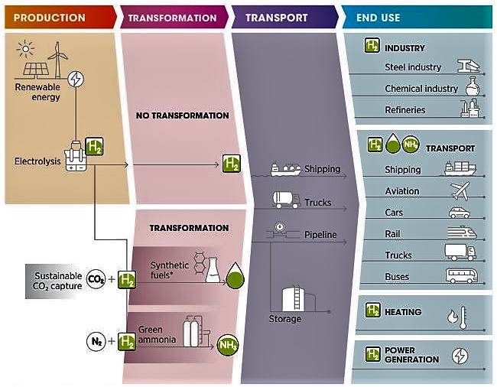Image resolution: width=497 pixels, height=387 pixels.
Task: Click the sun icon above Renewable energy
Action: [25, 49]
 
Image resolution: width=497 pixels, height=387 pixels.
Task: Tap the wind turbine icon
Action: [57, 60]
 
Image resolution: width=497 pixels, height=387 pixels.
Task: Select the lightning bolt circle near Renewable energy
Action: [76, 79]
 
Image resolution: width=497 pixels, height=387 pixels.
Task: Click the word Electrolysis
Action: [37, 161]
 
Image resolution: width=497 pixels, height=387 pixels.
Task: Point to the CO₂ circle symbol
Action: [96, 279]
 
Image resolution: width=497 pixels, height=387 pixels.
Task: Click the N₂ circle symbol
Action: [96, 341]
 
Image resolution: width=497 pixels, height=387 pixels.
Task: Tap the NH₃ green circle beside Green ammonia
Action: [227, 344]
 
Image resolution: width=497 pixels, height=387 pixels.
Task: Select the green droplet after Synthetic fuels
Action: [235, 275]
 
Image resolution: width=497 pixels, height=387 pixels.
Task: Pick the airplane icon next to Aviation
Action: [460, 190]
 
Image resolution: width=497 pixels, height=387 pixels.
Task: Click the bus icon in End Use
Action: [462, 275]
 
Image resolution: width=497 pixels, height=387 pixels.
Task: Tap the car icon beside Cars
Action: [460, 213]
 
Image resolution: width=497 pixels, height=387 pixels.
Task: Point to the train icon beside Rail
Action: [462, 233]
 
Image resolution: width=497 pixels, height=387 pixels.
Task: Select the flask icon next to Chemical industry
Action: [473, 86]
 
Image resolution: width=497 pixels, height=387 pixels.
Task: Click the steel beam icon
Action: [469, 66]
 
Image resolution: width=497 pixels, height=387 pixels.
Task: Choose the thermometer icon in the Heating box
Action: [463, 317]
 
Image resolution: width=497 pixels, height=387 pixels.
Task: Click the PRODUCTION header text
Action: [50, 18]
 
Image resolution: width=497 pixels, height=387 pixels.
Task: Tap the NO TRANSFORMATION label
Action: [183, 115]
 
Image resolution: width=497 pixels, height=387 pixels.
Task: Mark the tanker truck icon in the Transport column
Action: [286, 200]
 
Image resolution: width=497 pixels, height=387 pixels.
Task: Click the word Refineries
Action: [405, 110]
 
